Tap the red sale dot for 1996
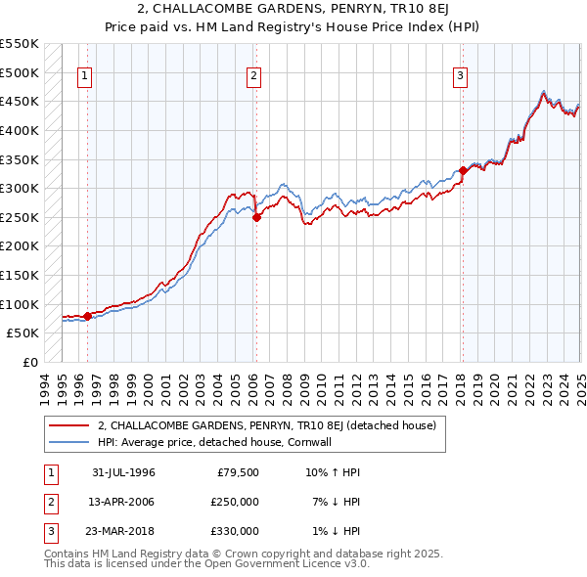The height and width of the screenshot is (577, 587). [88, 316]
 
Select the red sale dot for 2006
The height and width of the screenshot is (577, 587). [256, 218]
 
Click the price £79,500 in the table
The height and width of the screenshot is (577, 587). [238, 472]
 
